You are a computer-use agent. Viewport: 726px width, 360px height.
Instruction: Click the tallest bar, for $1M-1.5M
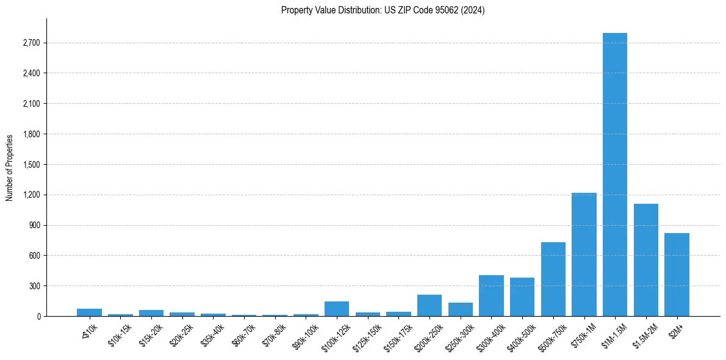coord(614,175)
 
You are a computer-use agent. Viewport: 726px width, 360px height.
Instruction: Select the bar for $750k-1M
coord(584,254)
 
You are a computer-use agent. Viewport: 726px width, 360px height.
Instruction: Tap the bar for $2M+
coord(677,275)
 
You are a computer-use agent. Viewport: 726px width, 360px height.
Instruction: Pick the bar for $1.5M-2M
coord(645,260)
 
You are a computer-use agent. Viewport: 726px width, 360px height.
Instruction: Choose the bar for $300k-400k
coord(491,295)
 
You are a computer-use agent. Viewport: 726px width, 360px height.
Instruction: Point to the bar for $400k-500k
coord(522,297)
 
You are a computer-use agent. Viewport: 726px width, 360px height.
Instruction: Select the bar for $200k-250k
coord(429,305)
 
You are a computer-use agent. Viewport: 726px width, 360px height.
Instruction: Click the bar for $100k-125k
coord(336,309)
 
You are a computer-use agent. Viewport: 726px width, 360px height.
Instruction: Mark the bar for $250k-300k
coord(460,309)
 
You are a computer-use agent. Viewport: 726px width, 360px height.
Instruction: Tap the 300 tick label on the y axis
coord(34,286)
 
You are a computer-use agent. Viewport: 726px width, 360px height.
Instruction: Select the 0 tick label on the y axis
coord(38,317)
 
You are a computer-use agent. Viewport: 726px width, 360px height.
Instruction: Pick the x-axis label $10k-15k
coord(121,333)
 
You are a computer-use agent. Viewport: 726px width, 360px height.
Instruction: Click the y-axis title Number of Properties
coord(10,168)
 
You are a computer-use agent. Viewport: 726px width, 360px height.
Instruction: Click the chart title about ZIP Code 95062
coord(383,10)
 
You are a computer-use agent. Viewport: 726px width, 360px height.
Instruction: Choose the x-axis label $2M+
coord(676,329)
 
